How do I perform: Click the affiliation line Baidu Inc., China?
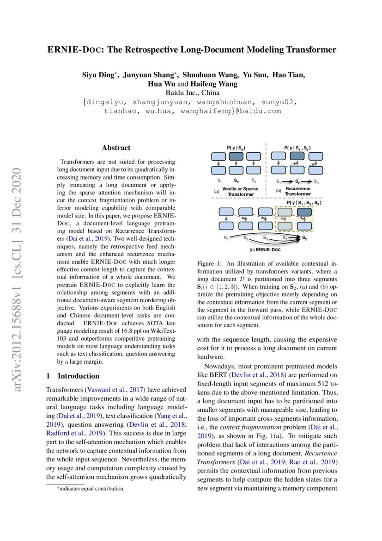[191, 93]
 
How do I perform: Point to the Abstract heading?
[116, 148]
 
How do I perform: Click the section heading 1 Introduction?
[73, 376]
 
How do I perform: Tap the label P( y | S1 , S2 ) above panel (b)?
[297, 148]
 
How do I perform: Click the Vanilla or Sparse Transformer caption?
[241, 192]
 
